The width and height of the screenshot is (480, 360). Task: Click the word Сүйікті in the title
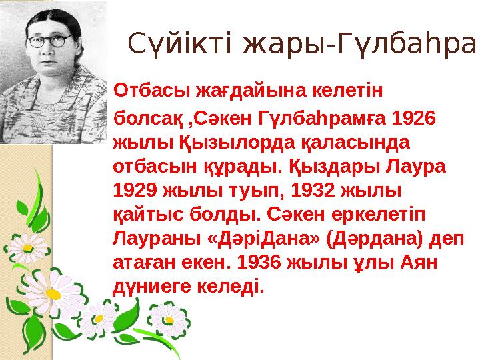(180, 44)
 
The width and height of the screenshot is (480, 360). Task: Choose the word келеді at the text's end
(230, 287)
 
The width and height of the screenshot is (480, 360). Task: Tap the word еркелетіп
(379, 215)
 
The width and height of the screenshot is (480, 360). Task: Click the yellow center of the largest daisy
(53, 294)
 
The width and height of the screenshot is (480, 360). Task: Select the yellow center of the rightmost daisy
(169, 320)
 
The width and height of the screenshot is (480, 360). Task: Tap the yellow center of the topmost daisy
(27, 247)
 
